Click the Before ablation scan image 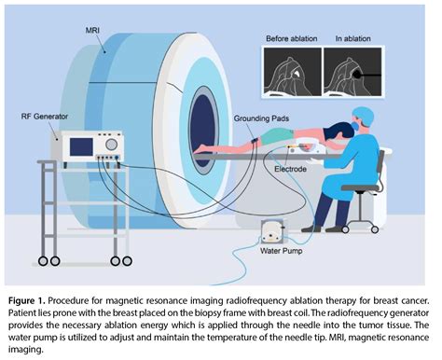click(x=291, y=71)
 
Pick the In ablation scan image click(x=350, y=71)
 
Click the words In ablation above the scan click(x=349, y=40)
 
